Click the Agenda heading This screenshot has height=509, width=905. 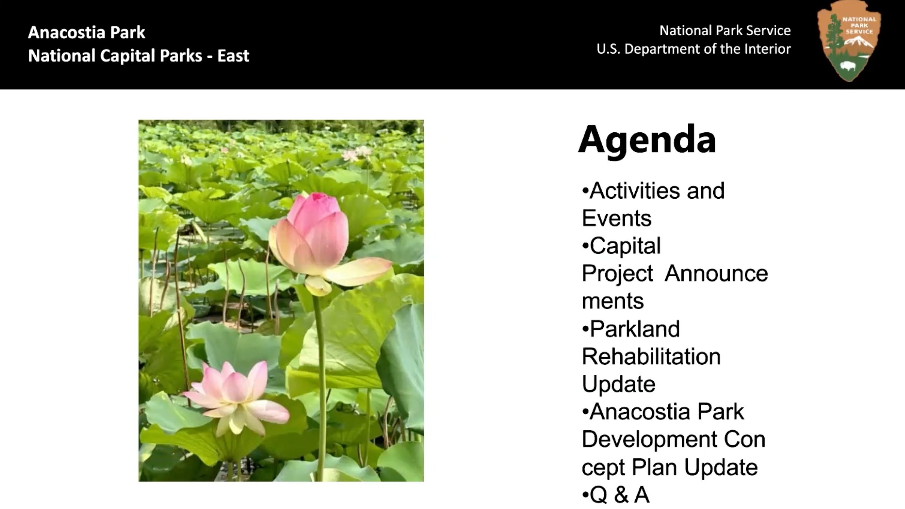coord(647,140)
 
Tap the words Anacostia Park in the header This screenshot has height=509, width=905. coord(87,33)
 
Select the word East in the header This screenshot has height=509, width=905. coord(233,56)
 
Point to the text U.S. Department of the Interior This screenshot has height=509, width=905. coord(693,49)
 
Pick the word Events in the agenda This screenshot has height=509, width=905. coord(617,218)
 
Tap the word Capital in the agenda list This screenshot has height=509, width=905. coord(625,246)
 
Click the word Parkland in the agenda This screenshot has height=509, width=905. coord(635,329)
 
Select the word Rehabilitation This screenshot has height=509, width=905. coord(651,357)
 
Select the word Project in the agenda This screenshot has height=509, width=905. coord(617,274)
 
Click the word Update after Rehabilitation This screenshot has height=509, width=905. coord(618,384)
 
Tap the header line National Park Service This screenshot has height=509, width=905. coord(725,31)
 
